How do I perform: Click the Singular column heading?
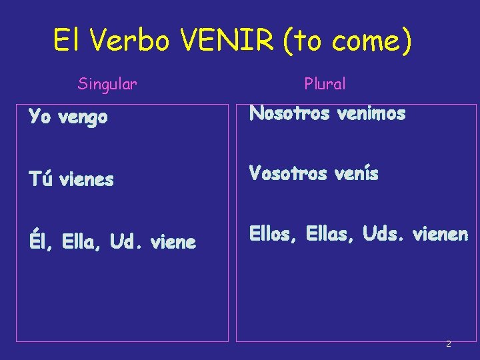pos(107,84)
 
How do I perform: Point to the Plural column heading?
pos(325,84)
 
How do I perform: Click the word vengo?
pos(83,119)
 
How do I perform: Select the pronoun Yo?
pos(39,117)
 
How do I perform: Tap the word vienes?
pos(86,179)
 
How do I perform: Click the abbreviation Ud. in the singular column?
pos(126,242)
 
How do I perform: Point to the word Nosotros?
pos(289,114)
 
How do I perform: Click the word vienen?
pos(441,234)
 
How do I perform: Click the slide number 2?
pos(448,344)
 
